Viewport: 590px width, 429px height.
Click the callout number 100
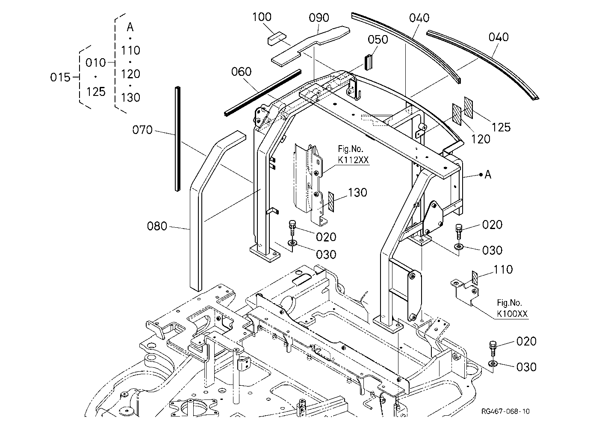pyautogui.click(x=262, y=17)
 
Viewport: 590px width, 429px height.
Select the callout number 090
pyautogui.click(x=319, y=18)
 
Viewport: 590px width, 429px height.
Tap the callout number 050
pyautogui.click(x=378, y=39)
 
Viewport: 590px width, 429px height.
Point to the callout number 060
pyautogui.click(x=241, y=71)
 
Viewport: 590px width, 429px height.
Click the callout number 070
pyautogui.click(x=142, y=130)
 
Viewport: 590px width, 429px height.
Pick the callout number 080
pyautogui.click(x=157, y=226)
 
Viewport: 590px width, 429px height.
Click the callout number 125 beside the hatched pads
pyautogui.click(x=501, y=128)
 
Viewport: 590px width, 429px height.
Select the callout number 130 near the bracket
pyautogui.click(x=357, y=193)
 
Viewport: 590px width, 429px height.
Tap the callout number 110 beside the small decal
pyautogui.click(x=503, y=270)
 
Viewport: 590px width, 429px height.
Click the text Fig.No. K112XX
pyautogui.click(x=353, y=155)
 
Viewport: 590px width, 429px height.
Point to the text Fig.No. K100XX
pyautogui.click(x=512, y=308)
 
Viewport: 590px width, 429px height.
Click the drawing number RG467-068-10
pyautogui.click(x=505, y=411)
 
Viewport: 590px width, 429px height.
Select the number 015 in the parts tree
pyautogui.click(x=60, y=77)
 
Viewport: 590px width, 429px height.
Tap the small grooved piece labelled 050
pyautogui.click(x=369, y=63)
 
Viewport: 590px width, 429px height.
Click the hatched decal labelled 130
pyautogui.click(x=331, y=202)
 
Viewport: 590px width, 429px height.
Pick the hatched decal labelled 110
pyautogui.click(x=475, y=278)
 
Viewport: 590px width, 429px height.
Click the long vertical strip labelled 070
pyautogui.click(x=177, y=139)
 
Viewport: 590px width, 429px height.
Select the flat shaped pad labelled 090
pyautogui.click(x=311, y=46)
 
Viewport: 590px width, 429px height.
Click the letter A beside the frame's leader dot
pyautogui.click(x=488, y=174)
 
